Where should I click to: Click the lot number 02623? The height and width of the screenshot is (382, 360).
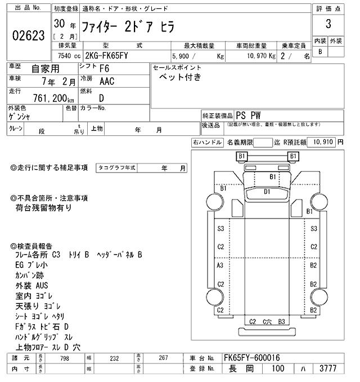point(28,36)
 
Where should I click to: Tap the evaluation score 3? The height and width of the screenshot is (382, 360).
point(327,25)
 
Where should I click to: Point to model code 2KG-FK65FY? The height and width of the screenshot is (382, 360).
point(109,56)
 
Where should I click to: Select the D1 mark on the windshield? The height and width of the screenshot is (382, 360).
point(267,192)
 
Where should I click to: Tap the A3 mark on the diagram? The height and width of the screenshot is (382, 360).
point(220,265)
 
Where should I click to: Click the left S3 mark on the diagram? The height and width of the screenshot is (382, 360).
point(220,229)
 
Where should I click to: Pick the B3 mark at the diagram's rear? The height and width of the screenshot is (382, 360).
point(282,321)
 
